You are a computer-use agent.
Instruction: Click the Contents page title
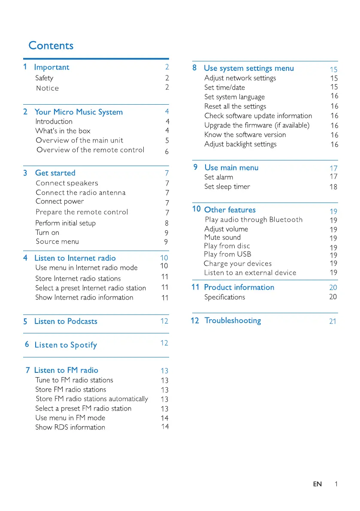tap(51, 46)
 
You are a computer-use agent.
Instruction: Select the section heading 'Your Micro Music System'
tap(79, 112)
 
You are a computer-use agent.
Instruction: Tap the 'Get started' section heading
tap(55, 173)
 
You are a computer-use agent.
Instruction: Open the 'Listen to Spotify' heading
tap(66, 345)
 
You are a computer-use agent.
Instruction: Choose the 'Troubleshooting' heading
tap(233, 321)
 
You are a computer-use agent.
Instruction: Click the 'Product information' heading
tap(239, 287)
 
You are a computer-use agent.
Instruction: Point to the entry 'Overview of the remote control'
tap(91, 150)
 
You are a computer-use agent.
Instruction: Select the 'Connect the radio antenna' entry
tap(81, 193)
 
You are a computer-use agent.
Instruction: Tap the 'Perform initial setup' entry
tap(66, 223)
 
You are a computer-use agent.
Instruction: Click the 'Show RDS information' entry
tap(70, 427)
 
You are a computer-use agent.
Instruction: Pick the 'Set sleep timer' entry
tap(227, 187)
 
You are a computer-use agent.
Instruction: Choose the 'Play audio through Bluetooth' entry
tap(254, 220)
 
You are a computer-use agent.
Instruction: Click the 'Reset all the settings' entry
tap(235, 106)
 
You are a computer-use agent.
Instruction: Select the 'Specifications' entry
tap(224, 297)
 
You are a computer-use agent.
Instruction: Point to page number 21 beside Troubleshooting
tap(333, 321)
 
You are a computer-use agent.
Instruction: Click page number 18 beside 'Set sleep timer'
tap(333, 187)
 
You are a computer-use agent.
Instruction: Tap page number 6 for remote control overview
tap(167, 152)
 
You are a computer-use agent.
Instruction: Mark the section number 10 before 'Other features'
tap(197, 209)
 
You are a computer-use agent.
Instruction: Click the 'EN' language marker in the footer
tap(317, 484)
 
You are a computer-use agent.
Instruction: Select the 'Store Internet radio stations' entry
tap(78, 279)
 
